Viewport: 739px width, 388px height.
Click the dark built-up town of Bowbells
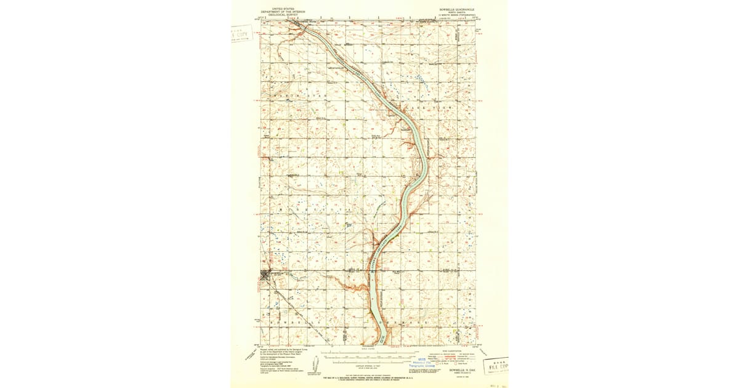269,275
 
